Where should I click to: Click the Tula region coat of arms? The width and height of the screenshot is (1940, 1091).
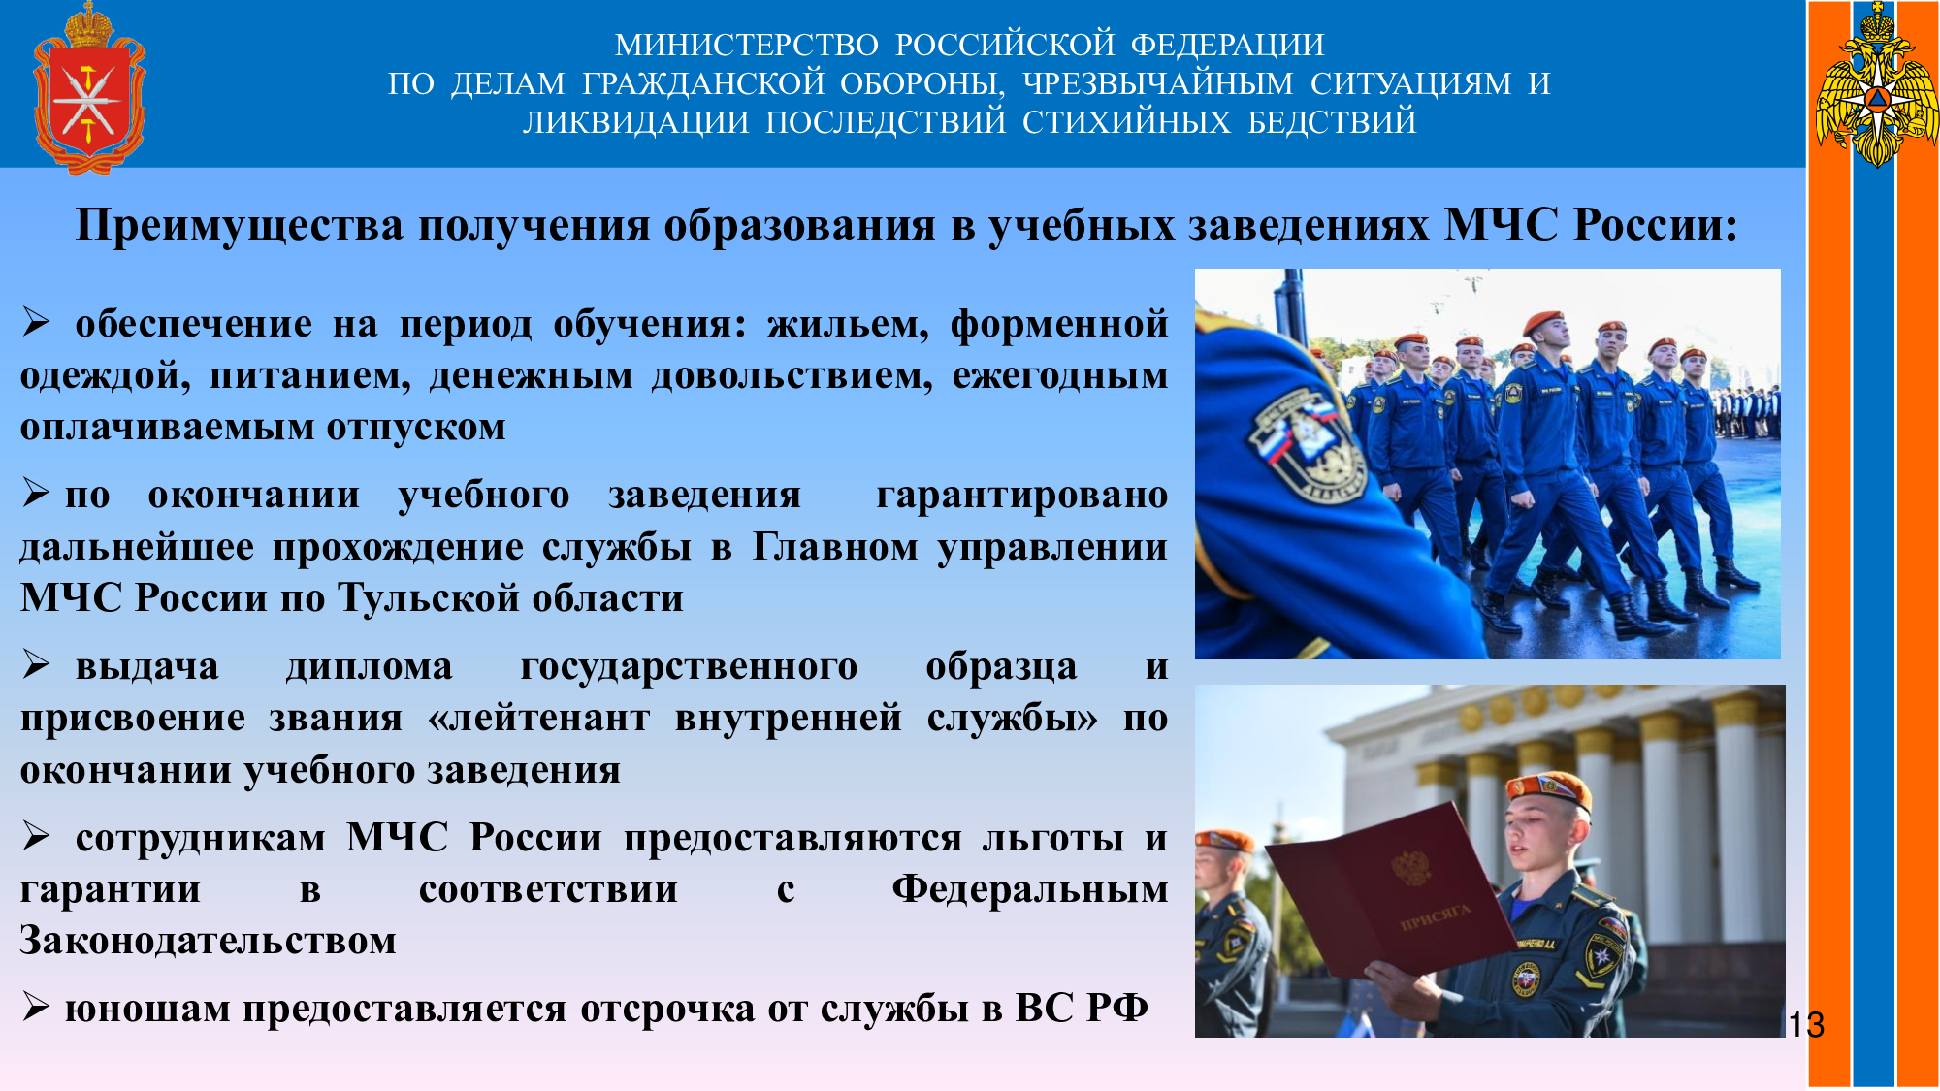[x=89, y=88]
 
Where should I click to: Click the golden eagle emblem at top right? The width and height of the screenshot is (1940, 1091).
[x=1877, y=85]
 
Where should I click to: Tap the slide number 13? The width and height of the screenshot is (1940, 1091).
[x=1806, y=1025]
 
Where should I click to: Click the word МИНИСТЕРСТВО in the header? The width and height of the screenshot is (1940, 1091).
[x=747, y=45]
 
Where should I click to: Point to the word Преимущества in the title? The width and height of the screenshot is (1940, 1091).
[x=239, y=225]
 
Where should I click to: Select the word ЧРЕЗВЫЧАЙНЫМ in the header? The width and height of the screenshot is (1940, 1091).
[x=1158, y=83]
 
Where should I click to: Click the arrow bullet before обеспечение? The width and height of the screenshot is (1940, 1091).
[x=36, y=322]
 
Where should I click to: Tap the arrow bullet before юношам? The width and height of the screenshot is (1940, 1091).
[x=36, y=1008]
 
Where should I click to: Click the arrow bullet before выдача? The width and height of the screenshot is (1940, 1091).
[x=36, y=664]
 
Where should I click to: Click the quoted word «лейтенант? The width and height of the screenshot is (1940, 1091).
[x=539, y=718]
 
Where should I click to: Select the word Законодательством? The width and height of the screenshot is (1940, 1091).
[x=209, y=941]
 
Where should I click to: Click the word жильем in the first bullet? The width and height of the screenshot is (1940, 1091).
[x=848, y=324]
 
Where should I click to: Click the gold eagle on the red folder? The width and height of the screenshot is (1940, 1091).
[x=1411, y=867]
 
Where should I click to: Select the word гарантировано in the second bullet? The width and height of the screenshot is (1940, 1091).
[x=1022, y=496]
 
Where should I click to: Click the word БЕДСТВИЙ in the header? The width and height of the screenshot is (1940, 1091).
[x=1332, y=122]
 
